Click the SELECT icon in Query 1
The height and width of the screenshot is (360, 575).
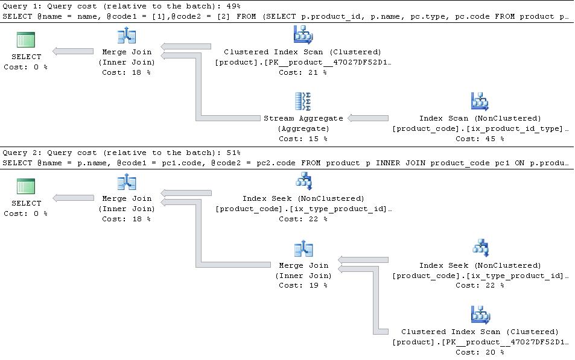[x=26, y=40]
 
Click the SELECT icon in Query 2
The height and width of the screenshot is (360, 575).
[x=26, y=186]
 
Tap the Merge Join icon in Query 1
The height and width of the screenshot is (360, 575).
[x=127, y=36]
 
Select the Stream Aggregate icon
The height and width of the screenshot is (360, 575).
[x=303, y=101]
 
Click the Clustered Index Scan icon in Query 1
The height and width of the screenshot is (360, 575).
[x=303, y=35]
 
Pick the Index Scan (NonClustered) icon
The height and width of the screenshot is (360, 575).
[x=480, y=101]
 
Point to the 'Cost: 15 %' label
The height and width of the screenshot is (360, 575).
[x=303, y=139]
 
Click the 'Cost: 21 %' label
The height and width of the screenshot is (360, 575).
[x=303, y=72]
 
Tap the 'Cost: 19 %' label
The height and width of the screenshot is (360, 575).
[x=303, y=285]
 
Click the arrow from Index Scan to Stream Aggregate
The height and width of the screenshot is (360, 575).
[x=368, y=118]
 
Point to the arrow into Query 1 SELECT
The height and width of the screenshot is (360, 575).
[x=73, y=52]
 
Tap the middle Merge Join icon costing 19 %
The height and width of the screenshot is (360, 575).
[x=303, y=248]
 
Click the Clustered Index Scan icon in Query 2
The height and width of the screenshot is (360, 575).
[x=480, y=315]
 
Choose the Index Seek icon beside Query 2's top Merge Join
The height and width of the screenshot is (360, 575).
[x=303, y=181]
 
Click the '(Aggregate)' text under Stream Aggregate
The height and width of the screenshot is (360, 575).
[x=303, y=128]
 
